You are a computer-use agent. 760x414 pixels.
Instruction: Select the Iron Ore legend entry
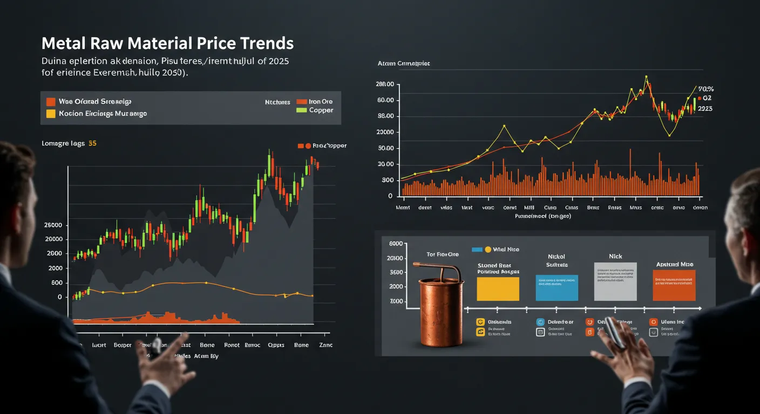(321, 101)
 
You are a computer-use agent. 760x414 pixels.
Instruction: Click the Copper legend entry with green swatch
(321, 110)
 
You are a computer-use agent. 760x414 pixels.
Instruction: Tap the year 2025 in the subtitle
(277, 61)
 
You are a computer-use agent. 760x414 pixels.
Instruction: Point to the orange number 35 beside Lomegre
(92, 143)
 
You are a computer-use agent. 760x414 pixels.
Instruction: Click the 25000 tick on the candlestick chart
(53, 225)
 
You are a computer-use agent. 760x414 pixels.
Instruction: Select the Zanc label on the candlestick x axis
(325, 345)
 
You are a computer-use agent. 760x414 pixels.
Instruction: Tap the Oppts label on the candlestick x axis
(276, 345)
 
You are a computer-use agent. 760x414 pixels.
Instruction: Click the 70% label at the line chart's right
(705, 89)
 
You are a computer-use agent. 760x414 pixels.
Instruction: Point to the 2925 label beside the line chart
(704, 108)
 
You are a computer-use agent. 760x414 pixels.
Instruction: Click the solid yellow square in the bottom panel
(498, 288)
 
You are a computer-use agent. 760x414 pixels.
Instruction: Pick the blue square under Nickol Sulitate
(557, 287)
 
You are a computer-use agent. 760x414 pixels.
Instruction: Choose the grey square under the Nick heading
(615, 281)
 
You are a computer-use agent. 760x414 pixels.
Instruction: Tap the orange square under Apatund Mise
(674, 285)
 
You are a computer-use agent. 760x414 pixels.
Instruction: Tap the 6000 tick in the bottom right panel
(396, 244)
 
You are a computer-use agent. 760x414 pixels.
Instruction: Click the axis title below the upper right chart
(543, 216)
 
